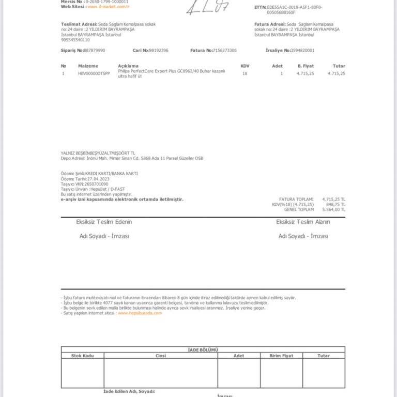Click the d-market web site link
click(x=109, y=7)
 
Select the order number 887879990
click(x=94, y=51)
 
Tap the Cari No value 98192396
click(x=158, y=51)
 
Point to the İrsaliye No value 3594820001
click(x=302, y=51)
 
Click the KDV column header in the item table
click(x=245, y=66)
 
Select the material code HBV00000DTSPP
click(x=94, y=73)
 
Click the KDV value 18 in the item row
click(x=245, y=73)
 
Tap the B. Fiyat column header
click(x=306, y=66)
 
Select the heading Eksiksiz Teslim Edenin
click(x=104, y=222)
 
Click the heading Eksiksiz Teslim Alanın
click(x=303, y=222)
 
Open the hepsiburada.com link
click(x=140, y=313)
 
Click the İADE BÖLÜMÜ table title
click(x=203, y=350)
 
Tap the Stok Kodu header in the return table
click(x=82, y=356)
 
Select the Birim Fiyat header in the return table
click(x=281, y=356)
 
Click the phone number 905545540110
click(x=75, y=40)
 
